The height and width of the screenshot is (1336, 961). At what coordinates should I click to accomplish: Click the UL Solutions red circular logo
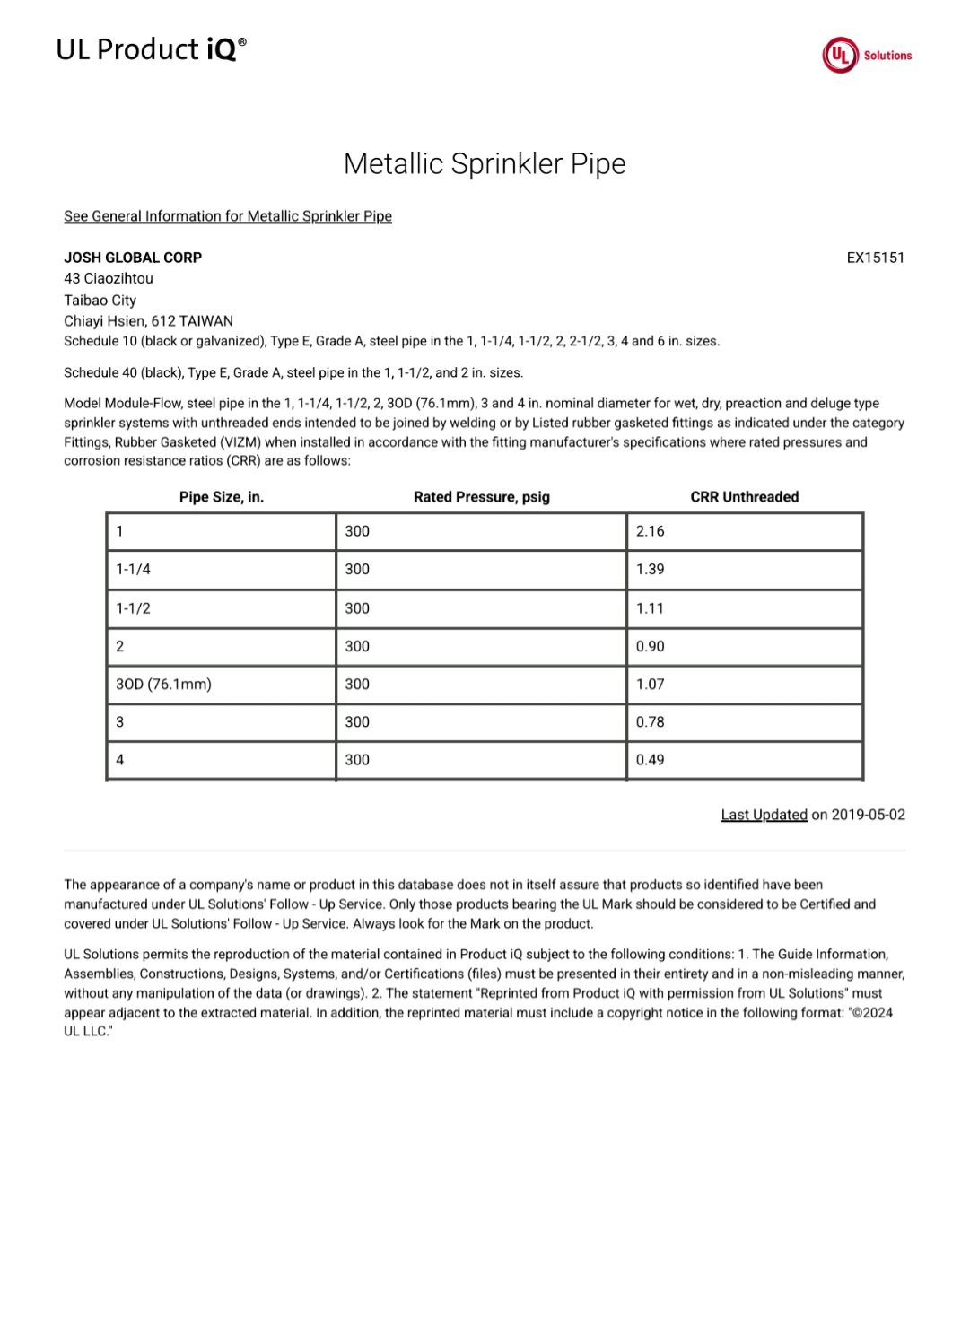click(840, 56)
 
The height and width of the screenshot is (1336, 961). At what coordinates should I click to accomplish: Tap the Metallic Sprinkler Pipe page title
click(485, 163)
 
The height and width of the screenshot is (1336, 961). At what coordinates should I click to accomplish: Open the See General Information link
click(228, 216)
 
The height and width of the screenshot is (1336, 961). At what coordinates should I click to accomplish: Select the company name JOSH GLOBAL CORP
click(133, 258)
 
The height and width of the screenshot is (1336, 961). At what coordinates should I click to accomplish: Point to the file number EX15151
click(875, 258)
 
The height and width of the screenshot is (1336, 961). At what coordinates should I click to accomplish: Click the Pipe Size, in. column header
click(222, 497)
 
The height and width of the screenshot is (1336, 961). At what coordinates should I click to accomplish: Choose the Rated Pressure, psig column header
click(482, 497)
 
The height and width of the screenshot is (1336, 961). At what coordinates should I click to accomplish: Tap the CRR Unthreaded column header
click(744, 497)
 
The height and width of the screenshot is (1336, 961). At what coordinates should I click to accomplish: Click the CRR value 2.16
click(651, 531)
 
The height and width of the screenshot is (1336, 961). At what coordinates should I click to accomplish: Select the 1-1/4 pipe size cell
click(134, 569)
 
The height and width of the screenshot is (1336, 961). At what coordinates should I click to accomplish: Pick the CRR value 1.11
click(651, 608)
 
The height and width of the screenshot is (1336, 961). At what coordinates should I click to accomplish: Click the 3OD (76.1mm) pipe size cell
click(164, 684)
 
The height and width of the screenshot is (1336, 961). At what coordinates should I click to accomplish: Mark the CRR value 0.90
click(651, 646)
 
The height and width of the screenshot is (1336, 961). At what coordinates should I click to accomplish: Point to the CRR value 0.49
click(651, 760)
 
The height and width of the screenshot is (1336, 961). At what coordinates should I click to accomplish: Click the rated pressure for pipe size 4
click(357, 760)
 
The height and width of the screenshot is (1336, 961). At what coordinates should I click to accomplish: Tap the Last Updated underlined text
click(764, 815)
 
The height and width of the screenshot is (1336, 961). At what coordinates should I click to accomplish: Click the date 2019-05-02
click(868, 815)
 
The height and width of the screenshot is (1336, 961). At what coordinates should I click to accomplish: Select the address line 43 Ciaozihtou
click(109, 278)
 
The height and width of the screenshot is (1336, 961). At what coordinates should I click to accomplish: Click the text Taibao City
click(100, 301)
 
